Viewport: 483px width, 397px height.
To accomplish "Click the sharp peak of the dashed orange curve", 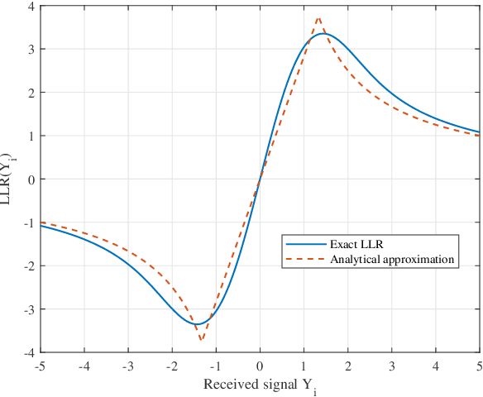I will point(318,17).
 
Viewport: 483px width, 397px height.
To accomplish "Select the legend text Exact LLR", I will point(356,244).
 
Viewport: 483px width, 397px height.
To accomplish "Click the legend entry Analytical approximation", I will point(393,259).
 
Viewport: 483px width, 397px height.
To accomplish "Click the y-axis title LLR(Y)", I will point(10,179).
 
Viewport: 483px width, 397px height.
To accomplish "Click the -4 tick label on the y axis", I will point(30,352).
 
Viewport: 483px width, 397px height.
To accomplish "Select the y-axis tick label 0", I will point(31,179).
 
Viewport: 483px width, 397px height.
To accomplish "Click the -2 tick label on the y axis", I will point(30,266).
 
